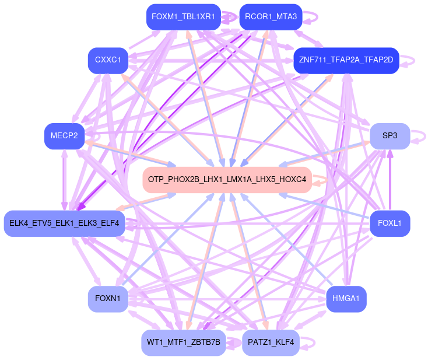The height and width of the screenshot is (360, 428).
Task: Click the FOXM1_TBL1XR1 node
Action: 183,17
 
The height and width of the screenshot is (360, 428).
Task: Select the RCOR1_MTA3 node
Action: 271,17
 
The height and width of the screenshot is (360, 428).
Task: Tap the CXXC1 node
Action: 108,60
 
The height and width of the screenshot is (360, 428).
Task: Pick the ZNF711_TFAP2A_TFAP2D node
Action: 346,60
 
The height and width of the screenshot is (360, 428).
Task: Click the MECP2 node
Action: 64,136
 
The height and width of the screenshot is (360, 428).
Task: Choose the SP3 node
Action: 390,136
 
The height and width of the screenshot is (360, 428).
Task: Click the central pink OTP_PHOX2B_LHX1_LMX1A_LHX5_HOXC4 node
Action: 227,179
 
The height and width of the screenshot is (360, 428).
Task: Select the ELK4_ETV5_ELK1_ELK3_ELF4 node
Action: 64,223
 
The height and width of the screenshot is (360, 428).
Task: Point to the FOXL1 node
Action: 390,223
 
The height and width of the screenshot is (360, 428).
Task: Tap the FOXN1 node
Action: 108,299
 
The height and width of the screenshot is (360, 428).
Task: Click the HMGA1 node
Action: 346,299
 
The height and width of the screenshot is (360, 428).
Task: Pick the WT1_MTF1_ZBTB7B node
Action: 183,342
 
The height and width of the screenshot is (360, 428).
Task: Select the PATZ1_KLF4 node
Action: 271,342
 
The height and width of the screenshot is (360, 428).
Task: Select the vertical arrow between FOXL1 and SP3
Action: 390,179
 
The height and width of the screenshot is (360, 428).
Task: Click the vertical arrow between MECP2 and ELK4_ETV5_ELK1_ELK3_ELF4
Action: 64,179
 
